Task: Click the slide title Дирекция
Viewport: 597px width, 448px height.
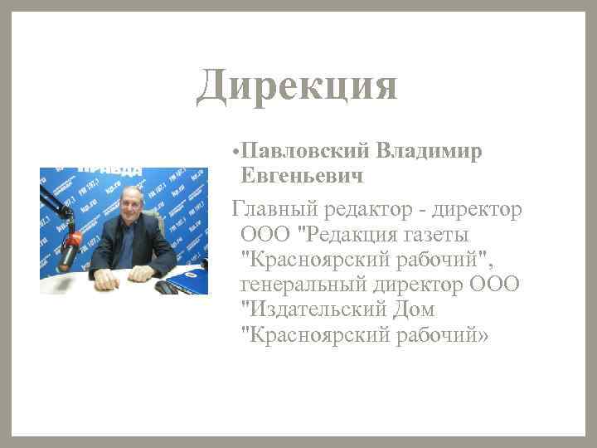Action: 297,86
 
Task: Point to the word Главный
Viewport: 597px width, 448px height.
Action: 277,207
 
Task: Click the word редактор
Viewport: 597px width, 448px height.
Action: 372,207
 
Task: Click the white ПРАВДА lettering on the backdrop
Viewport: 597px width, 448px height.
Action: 109,171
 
